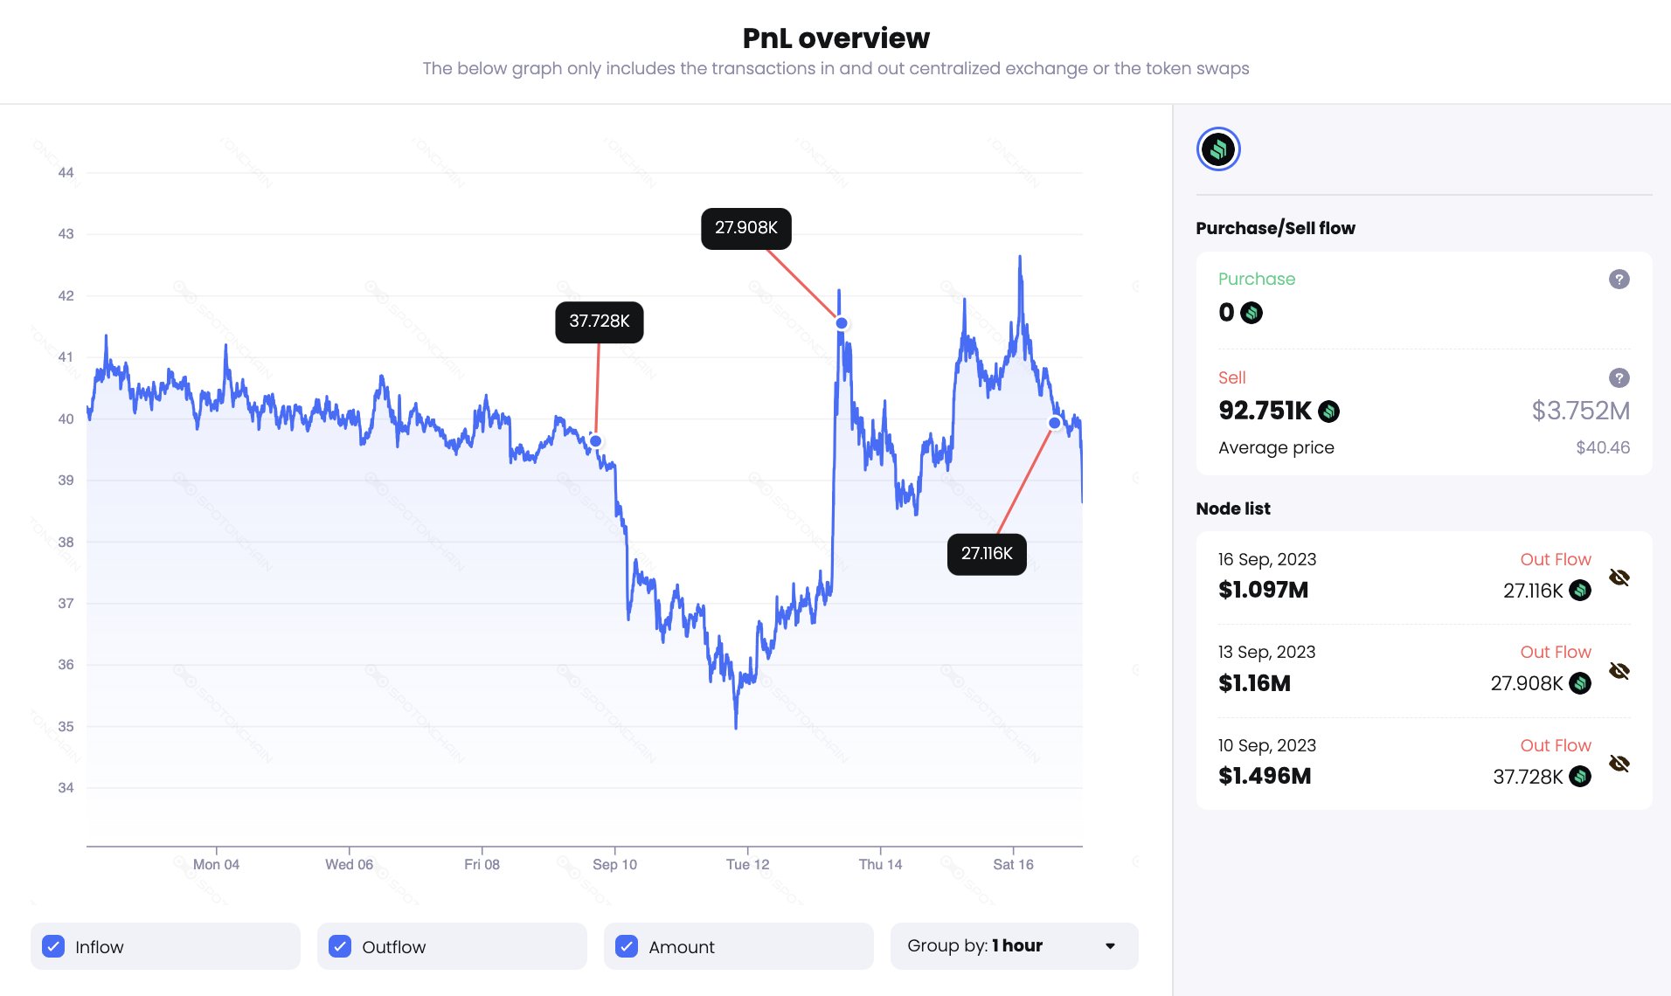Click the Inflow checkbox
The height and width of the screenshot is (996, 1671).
coord(53,946)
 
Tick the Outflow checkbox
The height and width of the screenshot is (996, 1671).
coord(340,946)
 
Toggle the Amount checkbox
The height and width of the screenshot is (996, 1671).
coord(627,946)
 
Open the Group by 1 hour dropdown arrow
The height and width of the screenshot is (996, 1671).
coord(1110,946)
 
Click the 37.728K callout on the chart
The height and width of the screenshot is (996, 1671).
coord(600,322)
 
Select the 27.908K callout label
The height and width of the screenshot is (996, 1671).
coord(746,228)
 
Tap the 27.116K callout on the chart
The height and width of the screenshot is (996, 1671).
coord(987,554)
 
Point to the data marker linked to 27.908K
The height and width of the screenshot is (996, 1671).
coord(842,323)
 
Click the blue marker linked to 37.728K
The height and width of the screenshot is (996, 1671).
coord(596,441)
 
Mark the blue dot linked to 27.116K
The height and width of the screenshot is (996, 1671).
coord(1055,423)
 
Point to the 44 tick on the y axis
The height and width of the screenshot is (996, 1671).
coord(66,173)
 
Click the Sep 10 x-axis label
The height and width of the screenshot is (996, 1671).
coord(614,865)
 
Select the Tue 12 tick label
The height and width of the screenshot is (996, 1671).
coord(747,865)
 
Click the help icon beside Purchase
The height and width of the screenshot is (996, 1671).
coord(1619,280)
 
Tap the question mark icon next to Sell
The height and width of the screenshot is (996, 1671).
coord(1619,378)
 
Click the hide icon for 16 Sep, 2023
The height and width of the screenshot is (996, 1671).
coord(1619,578)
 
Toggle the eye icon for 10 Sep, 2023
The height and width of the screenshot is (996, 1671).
coord(1619,764)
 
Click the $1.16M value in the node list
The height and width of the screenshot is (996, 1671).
coord(1254,683)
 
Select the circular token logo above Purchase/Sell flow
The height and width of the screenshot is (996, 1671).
coord(1218,149)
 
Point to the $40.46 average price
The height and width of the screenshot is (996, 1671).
coord(1603,448)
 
